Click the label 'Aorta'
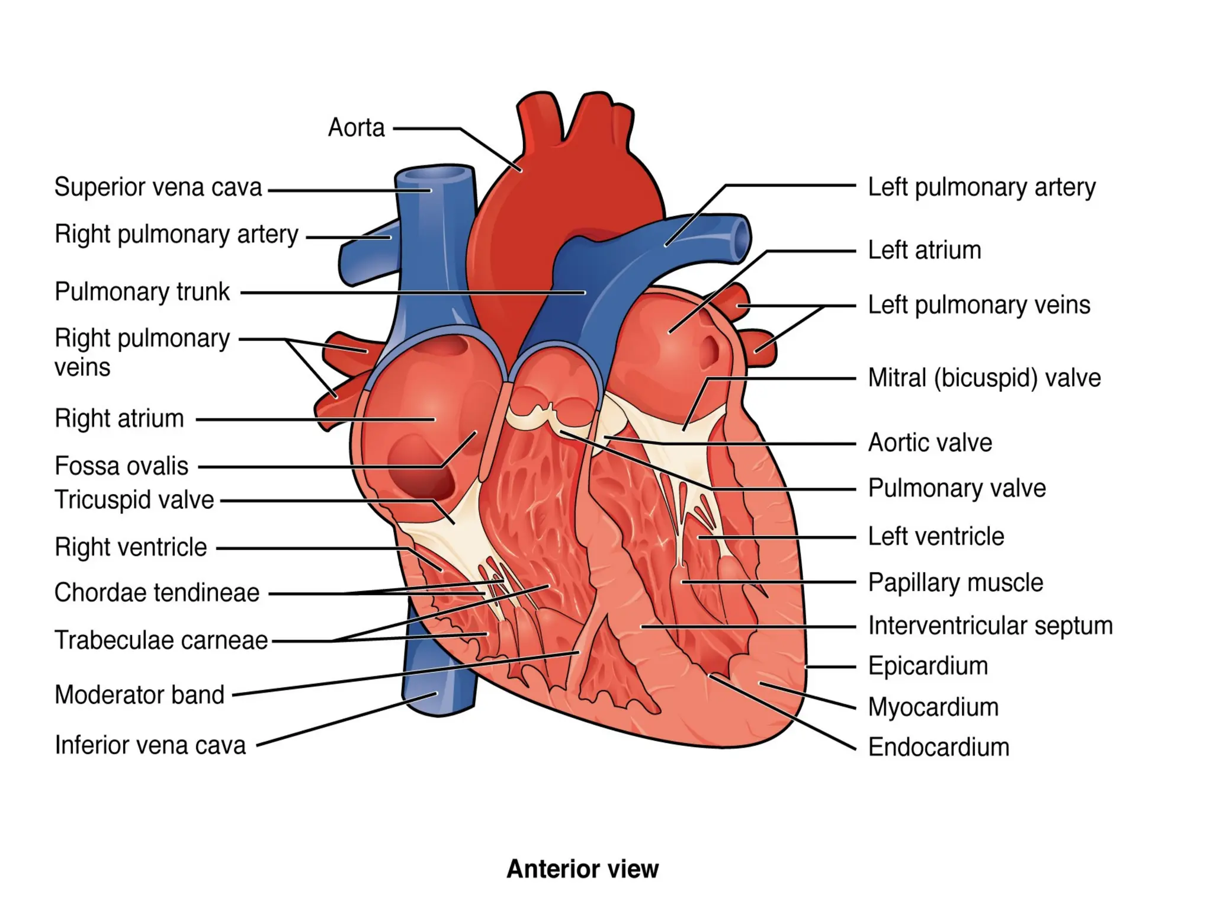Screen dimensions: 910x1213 coord(356,127)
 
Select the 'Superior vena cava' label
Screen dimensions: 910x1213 coord(158,187)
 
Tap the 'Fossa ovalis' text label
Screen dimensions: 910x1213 coord(121,466)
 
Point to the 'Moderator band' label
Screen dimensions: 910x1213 coord(139,695)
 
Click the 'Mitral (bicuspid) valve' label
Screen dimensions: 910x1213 coord(984,378)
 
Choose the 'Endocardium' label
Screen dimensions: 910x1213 coord(938,747)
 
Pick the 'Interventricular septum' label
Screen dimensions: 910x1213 coord(990,626)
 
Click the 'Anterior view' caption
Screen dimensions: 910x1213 coord(582,869)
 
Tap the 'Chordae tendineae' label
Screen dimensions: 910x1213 coord(157,592)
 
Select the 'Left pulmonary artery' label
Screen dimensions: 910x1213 coord(981,187)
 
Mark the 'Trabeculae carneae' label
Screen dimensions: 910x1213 coord(161,640)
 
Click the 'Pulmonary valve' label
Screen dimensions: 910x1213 coord(957,489)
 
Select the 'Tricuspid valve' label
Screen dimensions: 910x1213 coord(134,500)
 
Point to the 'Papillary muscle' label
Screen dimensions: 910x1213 coord(955,583)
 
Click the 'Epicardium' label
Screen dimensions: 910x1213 coord(928,667)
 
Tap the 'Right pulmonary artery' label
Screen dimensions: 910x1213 coord(177,235)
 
